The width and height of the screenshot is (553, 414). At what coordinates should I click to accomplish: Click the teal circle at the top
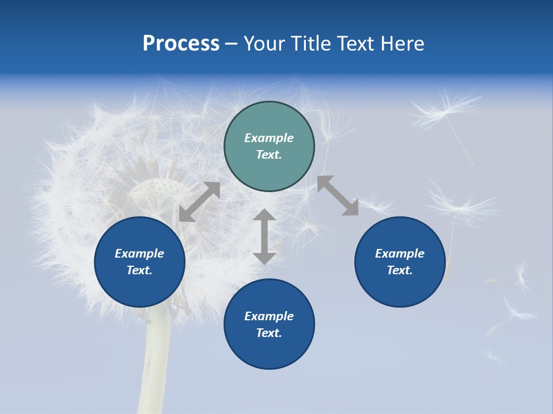(x=269, y=147)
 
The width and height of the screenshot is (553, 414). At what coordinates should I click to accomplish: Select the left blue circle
(x=139, y=262)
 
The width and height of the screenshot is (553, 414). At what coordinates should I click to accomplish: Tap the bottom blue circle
(x=269, y=324)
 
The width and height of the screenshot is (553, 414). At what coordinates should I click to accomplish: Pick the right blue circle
(x=400, y=262)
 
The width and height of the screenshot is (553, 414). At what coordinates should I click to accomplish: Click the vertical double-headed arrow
(x=264, y=236)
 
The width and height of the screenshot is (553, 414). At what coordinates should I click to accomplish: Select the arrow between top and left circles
(x=199, y=202)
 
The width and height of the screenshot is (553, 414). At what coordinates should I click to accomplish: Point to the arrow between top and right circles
(x=338, y=196)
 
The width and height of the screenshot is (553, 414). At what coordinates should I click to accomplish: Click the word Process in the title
(x=181, y=43)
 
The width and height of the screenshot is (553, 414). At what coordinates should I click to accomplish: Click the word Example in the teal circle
(x=269, y=138)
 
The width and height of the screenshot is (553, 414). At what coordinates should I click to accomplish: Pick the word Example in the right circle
(x=400, y=254)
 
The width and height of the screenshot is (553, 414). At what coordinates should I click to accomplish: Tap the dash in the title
(x=232, y=44)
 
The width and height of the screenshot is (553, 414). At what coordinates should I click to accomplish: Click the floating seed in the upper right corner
(x=449, y=112)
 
